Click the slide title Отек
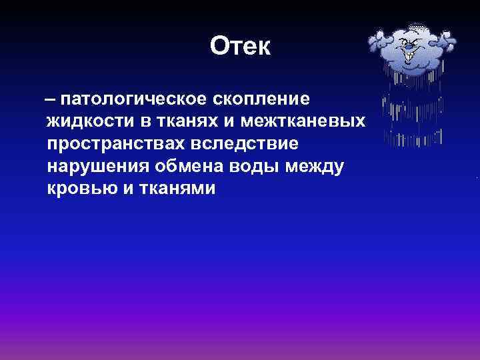tap(240, 46)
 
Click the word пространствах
tap(113, 144)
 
